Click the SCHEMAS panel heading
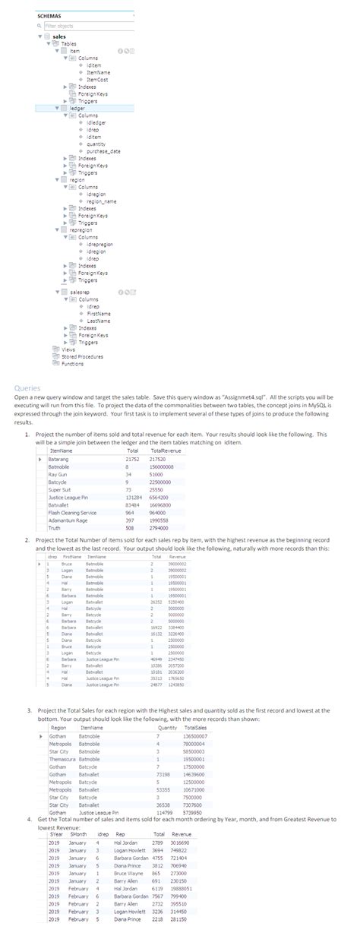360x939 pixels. pos(50,14)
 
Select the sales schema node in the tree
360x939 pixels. pos(58,36)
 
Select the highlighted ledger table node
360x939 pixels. pos(77,109)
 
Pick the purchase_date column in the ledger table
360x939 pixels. pos(104,151)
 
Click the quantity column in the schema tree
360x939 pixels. pos(96,144)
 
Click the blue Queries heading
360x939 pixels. pos(27,387)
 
